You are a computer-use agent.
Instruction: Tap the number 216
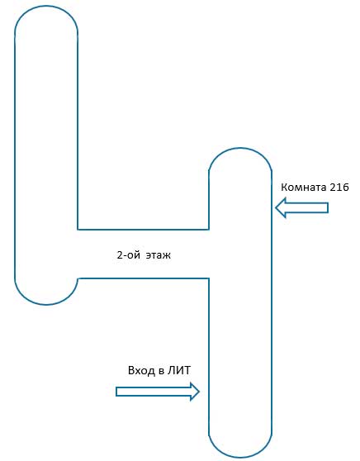339,187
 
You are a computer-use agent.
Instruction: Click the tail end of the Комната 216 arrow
328,208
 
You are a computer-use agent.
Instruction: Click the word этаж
158,255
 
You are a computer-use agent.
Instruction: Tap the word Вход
141,370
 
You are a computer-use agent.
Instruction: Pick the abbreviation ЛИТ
179,370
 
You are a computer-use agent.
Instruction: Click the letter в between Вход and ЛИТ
161,371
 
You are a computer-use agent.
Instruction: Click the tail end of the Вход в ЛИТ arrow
116,392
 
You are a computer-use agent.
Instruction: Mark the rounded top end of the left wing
46,6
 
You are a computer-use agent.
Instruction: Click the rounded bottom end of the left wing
46,304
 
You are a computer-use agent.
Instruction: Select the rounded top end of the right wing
240,148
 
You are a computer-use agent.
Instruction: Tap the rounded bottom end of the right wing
240,457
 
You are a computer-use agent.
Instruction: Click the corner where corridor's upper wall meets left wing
78,229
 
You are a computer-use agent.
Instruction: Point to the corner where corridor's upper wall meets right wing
209,229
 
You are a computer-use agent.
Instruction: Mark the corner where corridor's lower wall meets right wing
209,278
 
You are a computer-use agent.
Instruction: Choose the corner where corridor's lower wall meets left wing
78,278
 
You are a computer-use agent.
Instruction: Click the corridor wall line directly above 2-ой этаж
143,229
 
